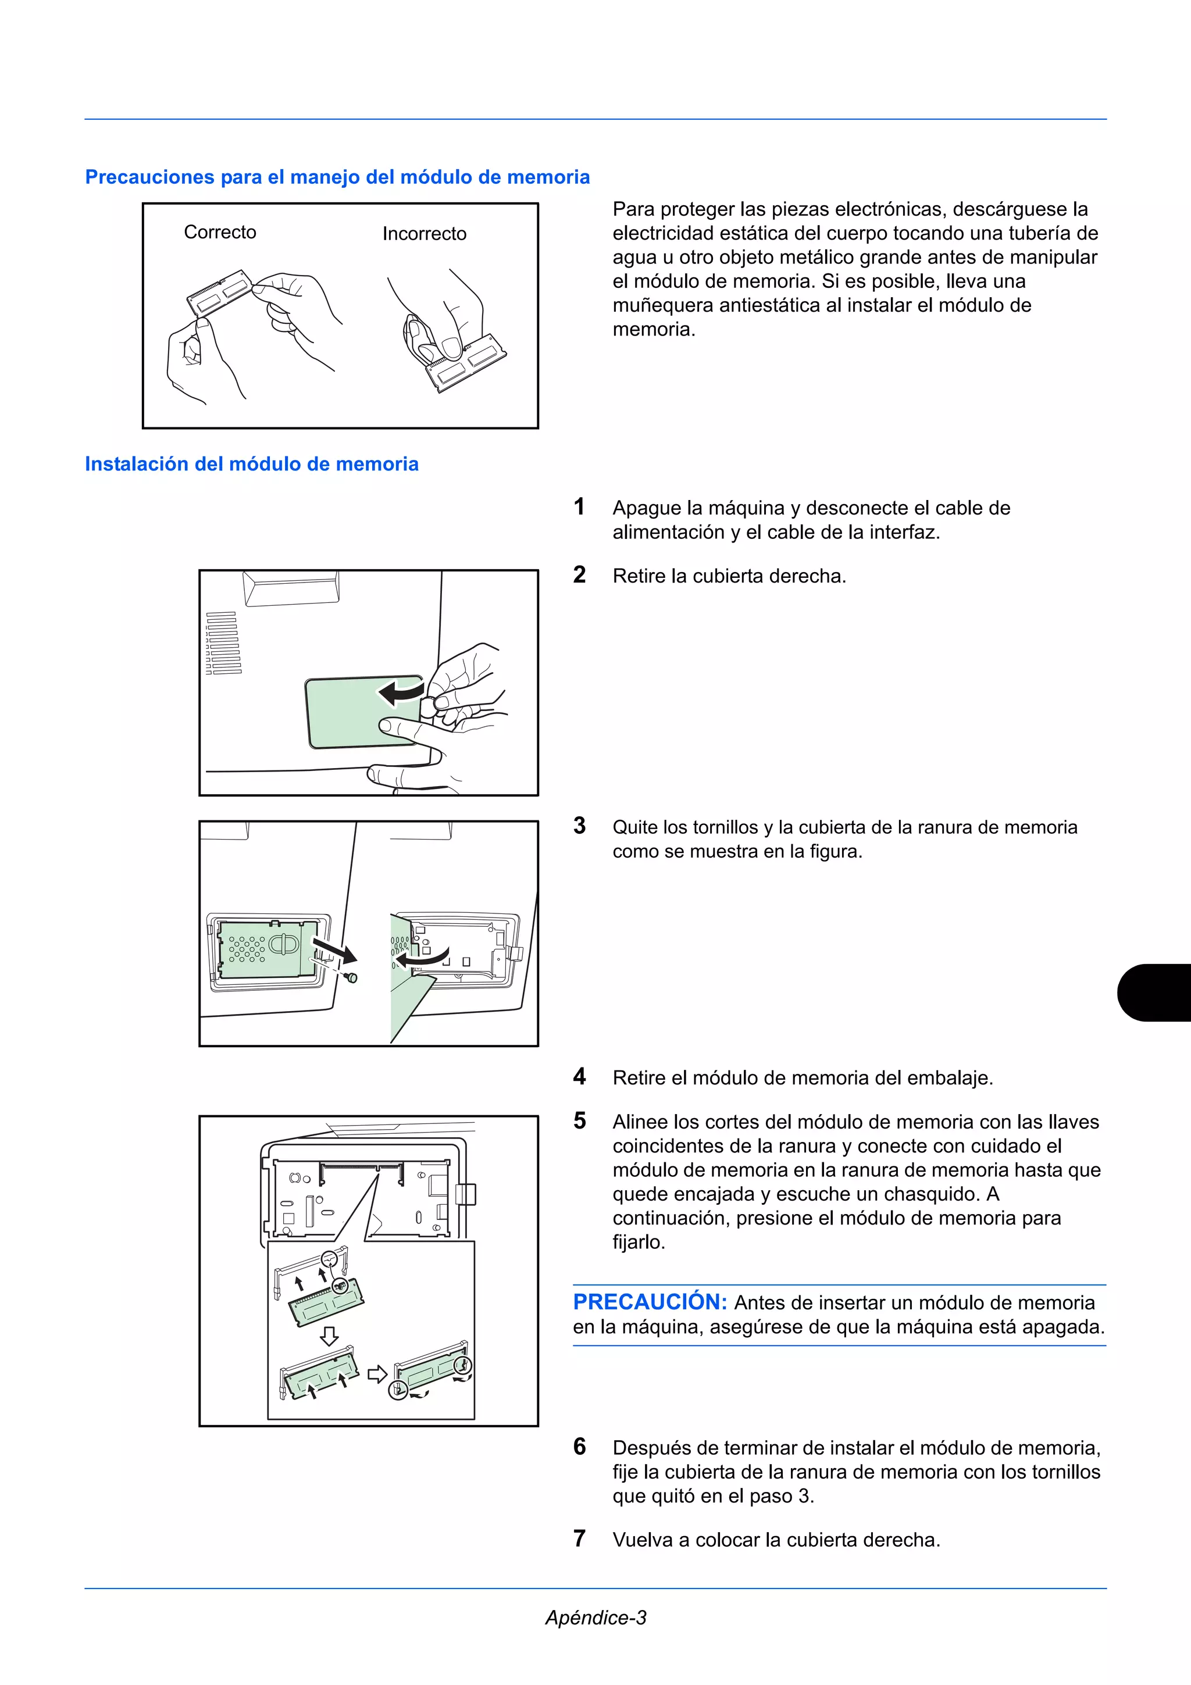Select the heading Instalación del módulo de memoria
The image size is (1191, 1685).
251,464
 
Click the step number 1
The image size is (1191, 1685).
579,506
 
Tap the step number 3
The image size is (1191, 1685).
579,826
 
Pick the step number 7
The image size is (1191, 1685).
579,1538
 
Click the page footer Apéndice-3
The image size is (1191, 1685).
595,1618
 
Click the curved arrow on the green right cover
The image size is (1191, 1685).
401,691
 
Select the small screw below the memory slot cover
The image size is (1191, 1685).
352,977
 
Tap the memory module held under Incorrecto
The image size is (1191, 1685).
467,363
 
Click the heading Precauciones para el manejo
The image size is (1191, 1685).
337,177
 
